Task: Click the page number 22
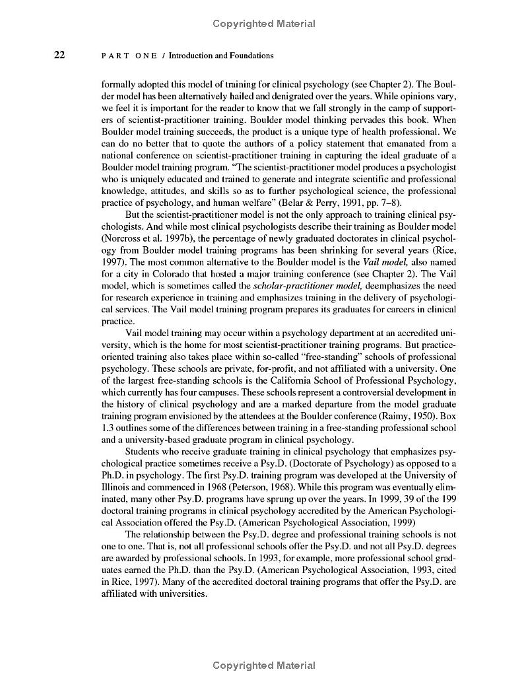[x=59, y=55]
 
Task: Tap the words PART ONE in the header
[x=129, y=56]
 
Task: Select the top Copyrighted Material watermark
[x=264, y=24]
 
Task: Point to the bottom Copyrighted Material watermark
[x=264, y=666]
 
